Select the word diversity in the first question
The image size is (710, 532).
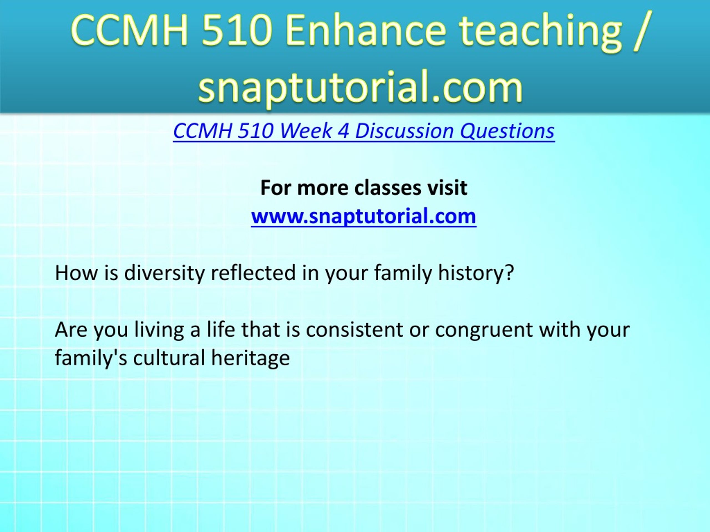pos(164,273)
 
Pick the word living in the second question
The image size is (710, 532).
pos(159,331)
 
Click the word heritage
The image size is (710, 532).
pos(250,359)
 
